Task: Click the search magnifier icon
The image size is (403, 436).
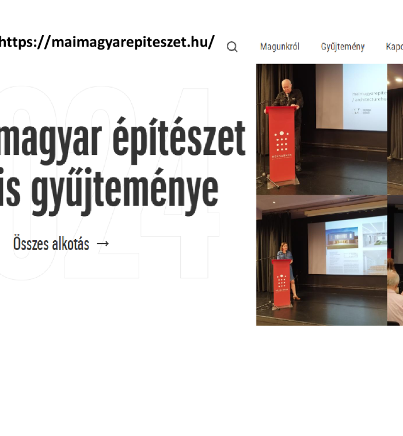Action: click(x=232, y=47)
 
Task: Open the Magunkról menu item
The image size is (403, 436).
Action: click(x=279, y=47)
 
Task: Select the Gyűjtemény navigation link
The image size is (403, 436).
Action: click(x=343, y=47)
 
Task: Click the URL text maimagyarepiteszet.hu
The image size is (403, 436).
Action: click(x=107, y=42)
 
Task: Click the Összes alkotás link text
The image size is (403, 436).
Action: click(x=51, y=244)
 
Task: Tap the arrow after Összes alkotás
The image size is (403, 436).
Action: click(x=102, y=244)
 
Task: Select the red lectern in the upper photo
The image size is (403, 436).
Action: click(x=280, y=144)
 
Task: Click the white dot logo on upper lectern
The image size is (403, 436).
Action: click(x=280, y=142)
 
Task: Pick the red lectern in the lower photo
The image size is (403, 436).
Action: click(x=281, y=282)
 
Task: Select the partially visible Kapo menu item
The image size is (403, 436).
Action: click(x=394, y=47)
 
